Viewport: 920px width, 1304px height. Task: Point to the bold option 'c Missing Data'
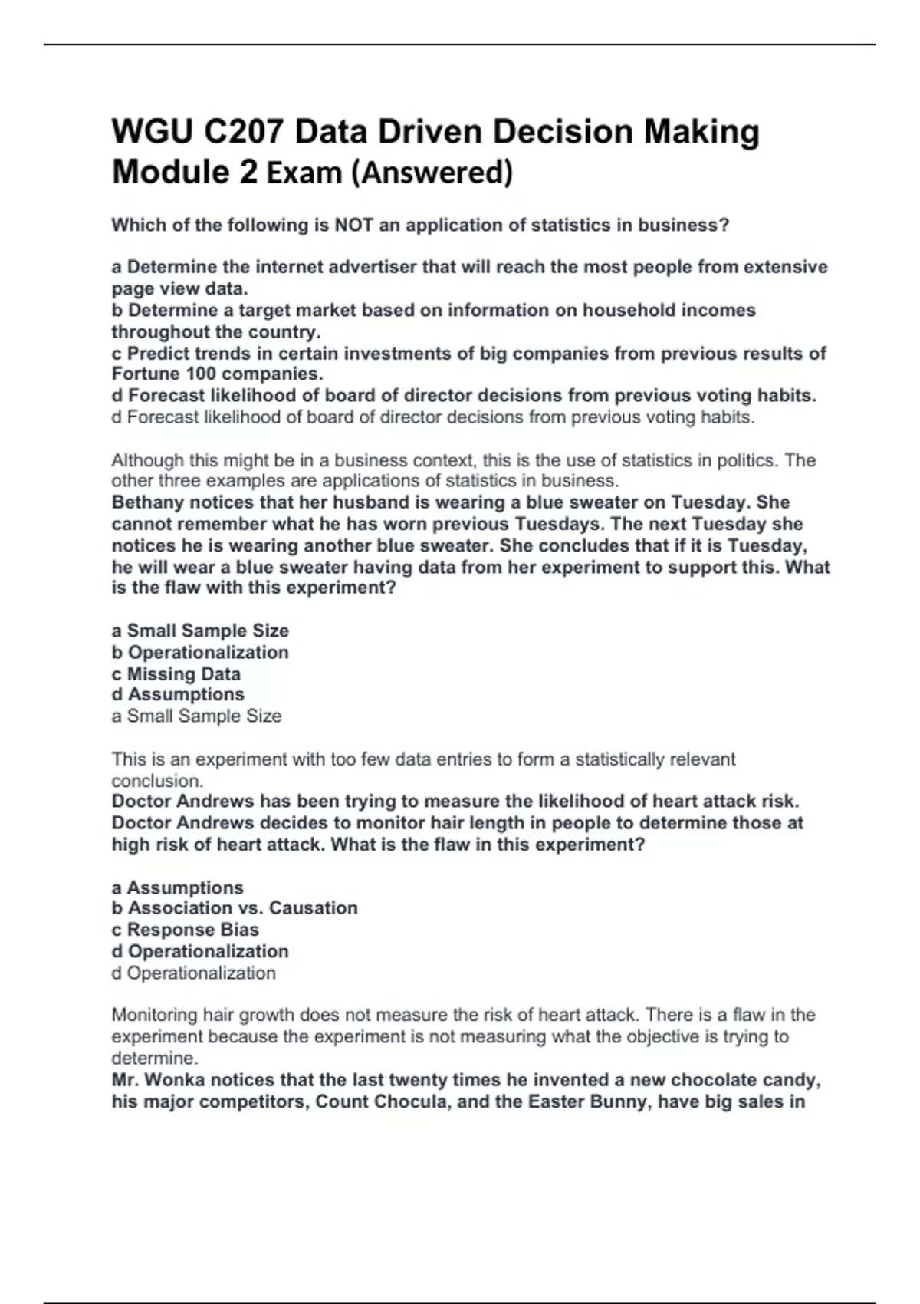176,673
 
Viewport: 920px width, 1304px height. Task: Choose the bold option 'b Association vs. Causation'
235,907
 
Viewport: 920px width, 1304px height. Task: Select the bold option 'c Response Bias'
186,929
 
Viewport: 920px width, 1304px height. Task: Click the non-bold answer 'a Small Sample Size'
197,716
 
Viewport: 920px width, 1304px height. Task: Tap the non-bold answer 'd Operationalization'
194,973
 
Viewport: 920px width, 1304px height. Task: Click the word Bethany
147,502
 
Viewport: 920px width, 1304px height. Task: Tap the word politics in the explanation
744,460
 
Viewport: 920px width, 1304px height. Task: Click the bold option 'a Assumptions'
178,887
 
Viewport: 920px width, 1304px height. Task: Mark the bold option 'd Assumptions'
178,694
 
